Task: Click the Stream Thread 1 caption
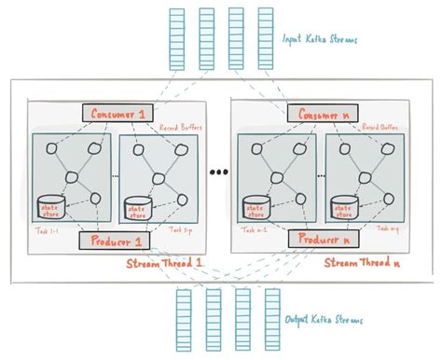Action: pyautogui.click(x=166, y=264)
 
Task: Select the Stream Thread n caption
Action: pyautogui.click(x=364, y=264)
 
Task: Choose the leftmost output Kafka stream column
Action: pyautogui.click(x=183, y=318)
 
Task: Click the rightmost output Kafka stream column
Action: pyautogui.click(x=273, y=318)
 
